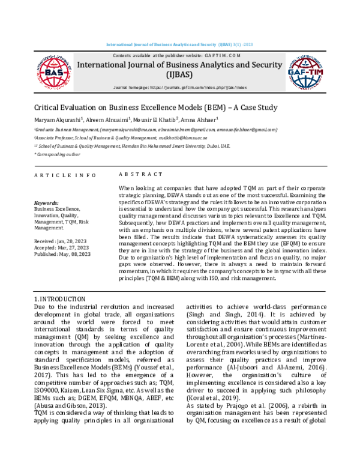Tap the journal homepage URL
(x=180, y=88)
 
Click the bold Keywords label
(x=47, y=204)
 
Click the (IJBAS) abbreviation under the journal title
(x=179, y=77)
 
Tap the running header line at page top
(x=180, y=46)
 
